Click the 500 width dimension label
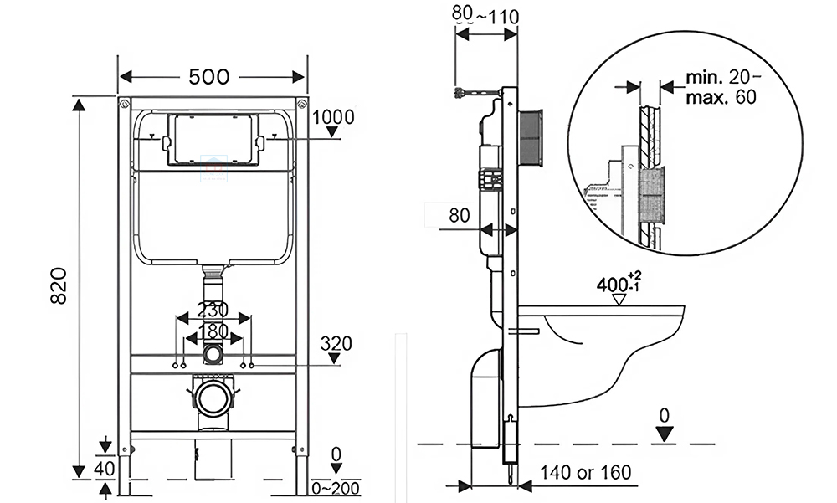[208, 77]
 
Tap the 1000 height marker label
[333, 117]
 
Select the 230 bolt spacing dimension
[214, 310]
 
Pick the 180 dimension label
[214, 331]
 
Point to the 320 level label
[335, 343]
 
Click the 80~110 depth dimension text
[485, 15]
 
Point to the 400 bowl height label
[618, 283]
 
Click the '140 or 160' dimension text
[585, 473]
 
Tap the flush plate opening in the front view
[213, 140]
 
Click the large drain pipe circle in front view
[213, 398]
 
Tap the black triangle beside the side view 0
[665, 434]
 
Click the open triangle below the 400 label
[620, 298]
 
